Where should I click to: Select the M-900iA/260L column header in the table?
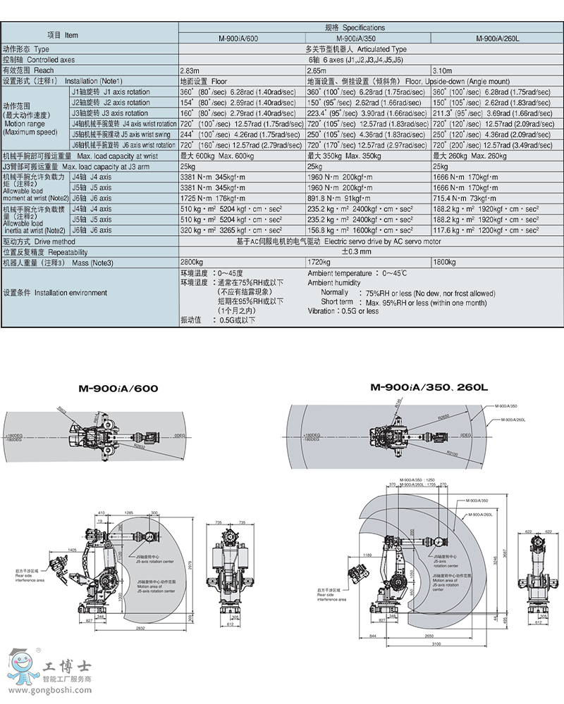pyautogui.click(x=497, y=39)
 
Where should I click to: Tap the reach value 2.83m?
pyautogui.click(x=190, y=71)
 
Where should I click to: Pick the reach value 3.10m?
pyautogui.click(x=441, y=71)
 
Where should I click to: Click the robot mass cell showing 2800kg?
pyautogui.click(x=192, y=263)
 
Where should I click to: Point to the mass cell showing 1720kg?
pyautogui.click(x=319, y=263)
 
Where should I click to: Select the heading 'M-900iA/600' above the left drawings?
pyautogui.click(x=118, y=388)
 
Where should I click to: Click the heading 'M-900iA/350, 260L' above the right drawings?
pyautogui.click(x=429, y=387)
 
